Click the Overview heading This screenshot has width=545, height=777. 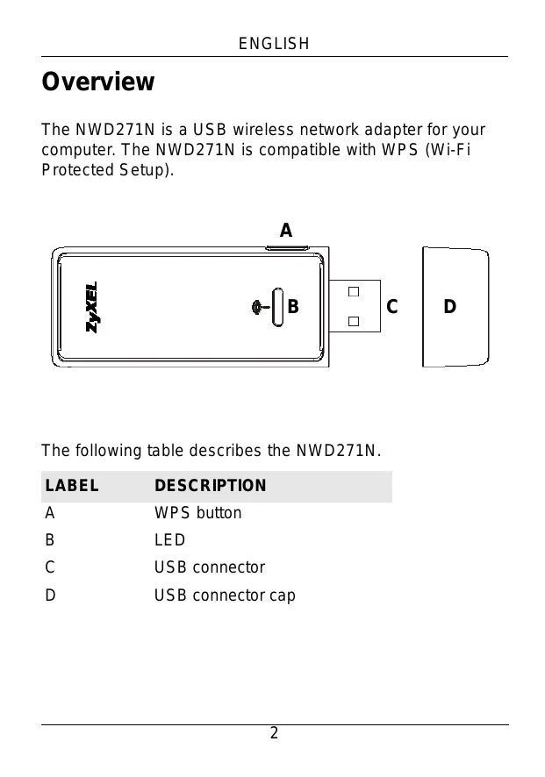coord(98,82)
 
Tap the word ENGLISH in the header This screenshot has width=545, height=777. coord(274,44)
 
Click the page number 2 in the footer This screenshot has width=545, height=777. coord(274,733)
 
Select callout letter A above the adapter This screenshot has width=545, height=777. coord(285,231)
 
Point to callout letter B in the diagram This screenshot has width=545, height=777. coord(293,308)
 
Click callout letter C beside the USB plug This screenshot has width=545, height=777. coord(391,308)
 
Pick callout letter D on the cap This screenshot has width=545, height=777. coord(449,307)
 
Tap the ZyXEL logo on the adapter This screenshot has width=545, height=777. coord(92,307)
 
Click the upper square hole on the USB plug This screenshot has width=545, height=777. coord(353,291)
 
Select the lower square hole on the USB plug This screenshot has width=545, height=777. coord(353,322)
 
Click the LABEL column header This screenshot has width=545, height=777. coord(72,486)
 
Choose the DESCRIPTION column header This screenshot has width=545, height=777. coord(211,486)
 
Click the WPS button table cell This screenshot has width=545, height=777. coord(197,513)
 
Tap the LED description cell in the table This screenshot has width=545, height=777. coord(170,540)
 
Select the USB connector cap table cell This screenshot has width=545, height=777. coord(225,595)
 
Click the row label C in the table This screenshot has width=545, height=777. coord(51,567)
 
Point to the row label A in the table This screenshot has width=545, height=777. coord(51,513)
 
